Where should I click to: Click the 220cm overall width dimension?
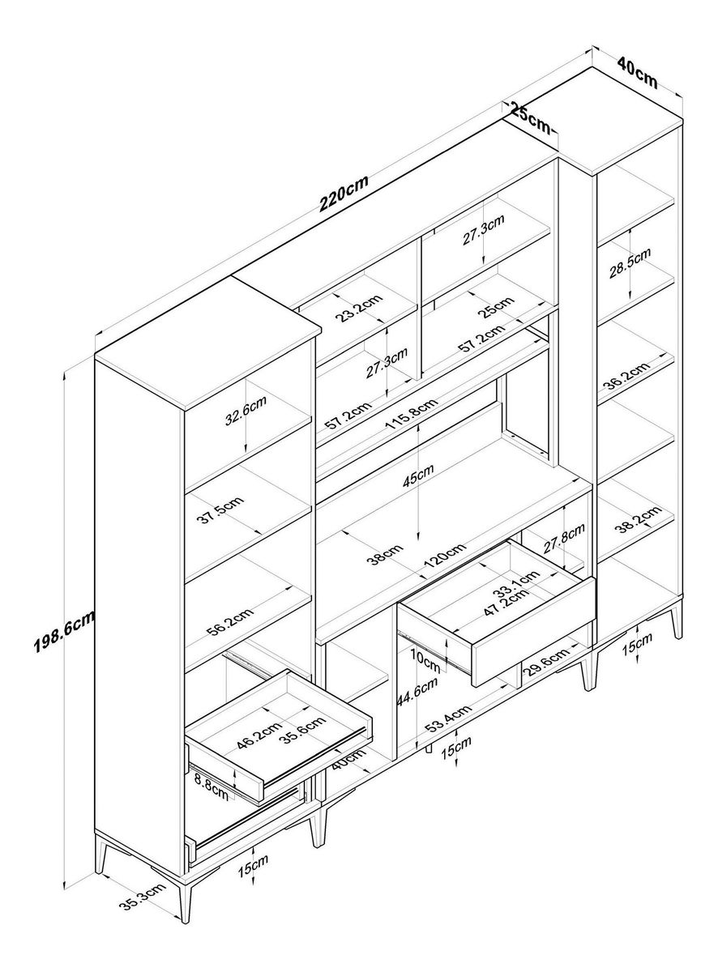tap(344, 194)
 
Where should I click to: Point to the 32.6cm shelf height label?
tap(246, 414)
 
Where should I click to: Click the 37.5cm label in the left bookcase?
tap(222, 513)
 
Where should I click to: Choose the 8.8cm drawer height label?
tap(212, 786)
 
